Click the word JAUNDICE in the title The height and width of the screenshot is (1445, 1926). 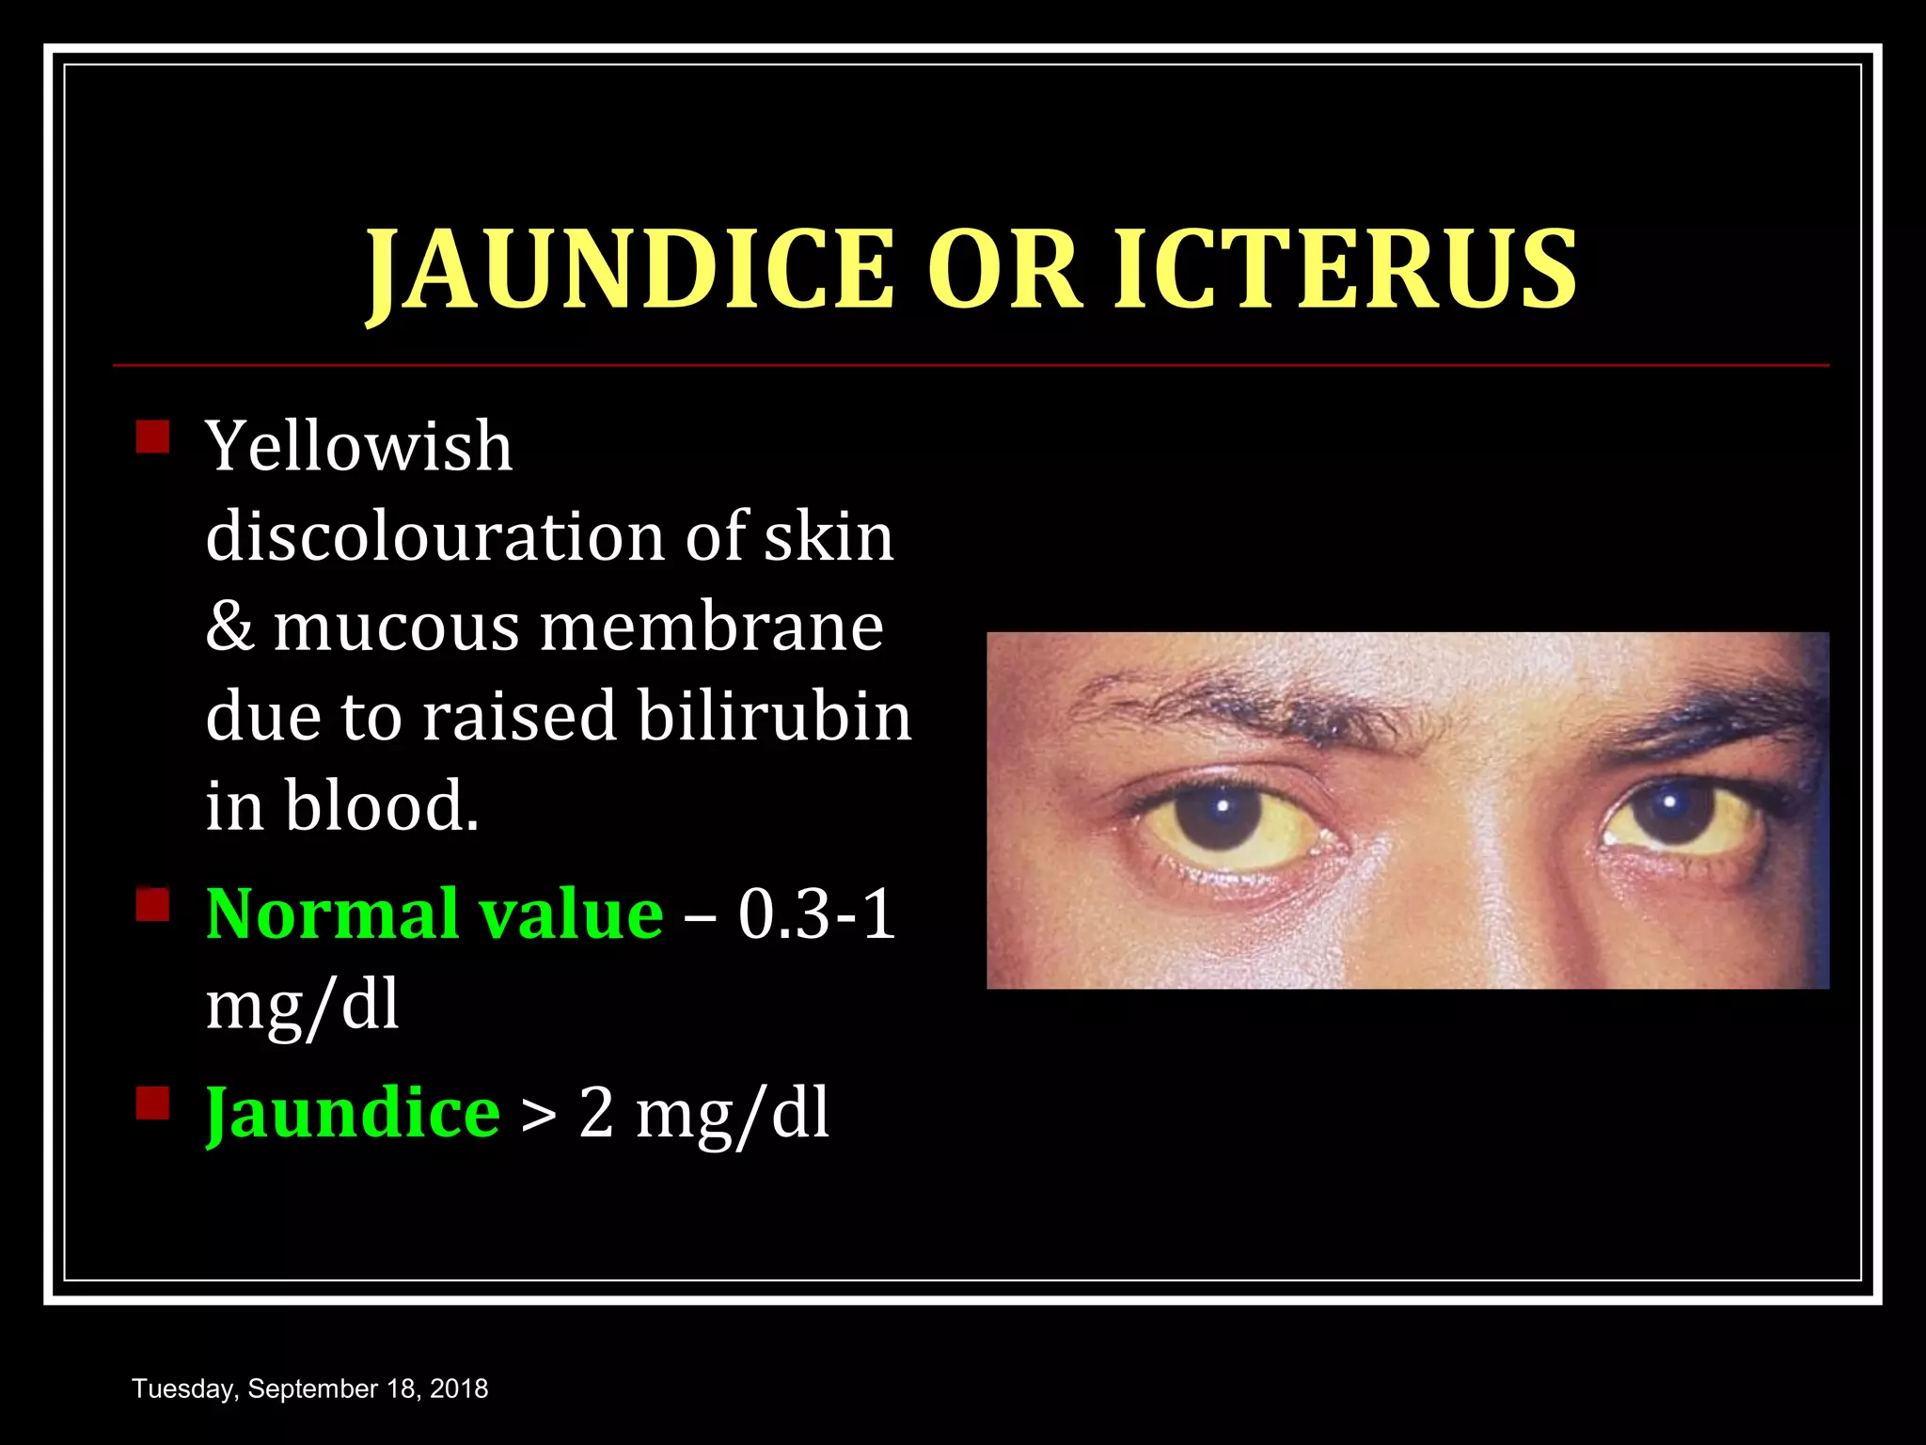pos(629,270)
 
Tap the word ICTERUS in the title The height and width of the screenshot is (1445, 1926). pos(1345,270)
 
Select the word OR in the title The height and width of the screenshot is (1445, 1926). pos(1003,270)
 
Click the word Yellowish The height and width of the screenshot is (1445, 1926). pos(359,446)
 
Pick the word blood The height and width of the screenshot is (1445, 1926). pos(381,806)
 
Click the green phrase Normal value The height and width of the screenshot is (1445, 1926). pos(434,913)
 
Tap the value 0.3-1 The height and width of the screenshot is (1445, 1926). pos(815,913)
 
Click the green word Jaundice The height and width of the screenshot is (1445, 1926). pos(353,1113)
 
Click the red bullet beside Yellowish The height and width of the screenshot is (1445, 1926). pos(152,437)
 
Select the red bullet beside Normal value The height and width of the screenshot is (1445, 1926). pos(152,905)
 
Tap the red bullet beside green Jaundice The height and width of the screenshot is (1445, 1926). pos(152,1104)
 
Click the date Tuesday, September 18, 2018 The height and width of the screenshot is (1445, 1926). pos(310,1389)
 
